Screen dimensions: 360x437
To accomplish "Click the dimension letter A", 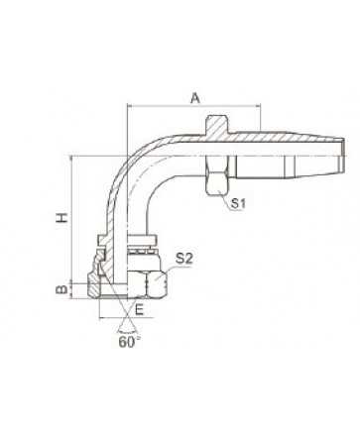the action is (196, 98).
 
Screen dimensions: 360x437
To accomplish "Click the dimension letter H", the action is (61, 217).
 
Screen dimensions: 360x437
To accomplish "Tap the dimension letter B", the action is (61, 290).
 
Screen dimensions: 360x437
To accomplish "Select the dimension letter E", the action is (140, 310).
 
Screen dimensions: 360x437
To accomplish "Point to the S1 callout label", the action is (238, 203).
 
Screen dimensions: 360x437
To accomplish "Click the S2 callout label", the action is (183, 259).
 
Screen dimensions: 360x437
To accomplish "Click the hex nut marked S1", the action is (216, 175).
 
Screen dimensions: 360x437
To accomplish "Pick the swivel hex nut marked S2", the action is (148, 283).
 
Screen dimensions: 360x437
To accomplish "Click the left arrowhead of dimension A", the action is (129, 106).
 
